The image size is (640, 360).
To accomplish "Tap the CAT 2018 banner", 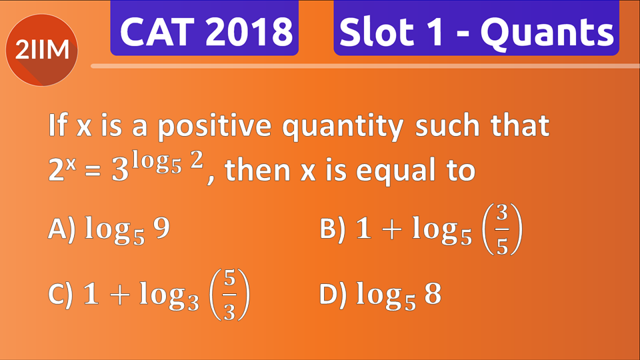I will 205,31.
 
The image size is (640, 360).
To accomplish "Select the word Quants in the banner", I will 547,33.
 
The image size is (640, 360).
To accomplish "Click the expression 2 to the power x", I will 60,170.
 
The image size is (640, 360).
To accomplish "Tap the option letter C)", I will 62,294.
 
